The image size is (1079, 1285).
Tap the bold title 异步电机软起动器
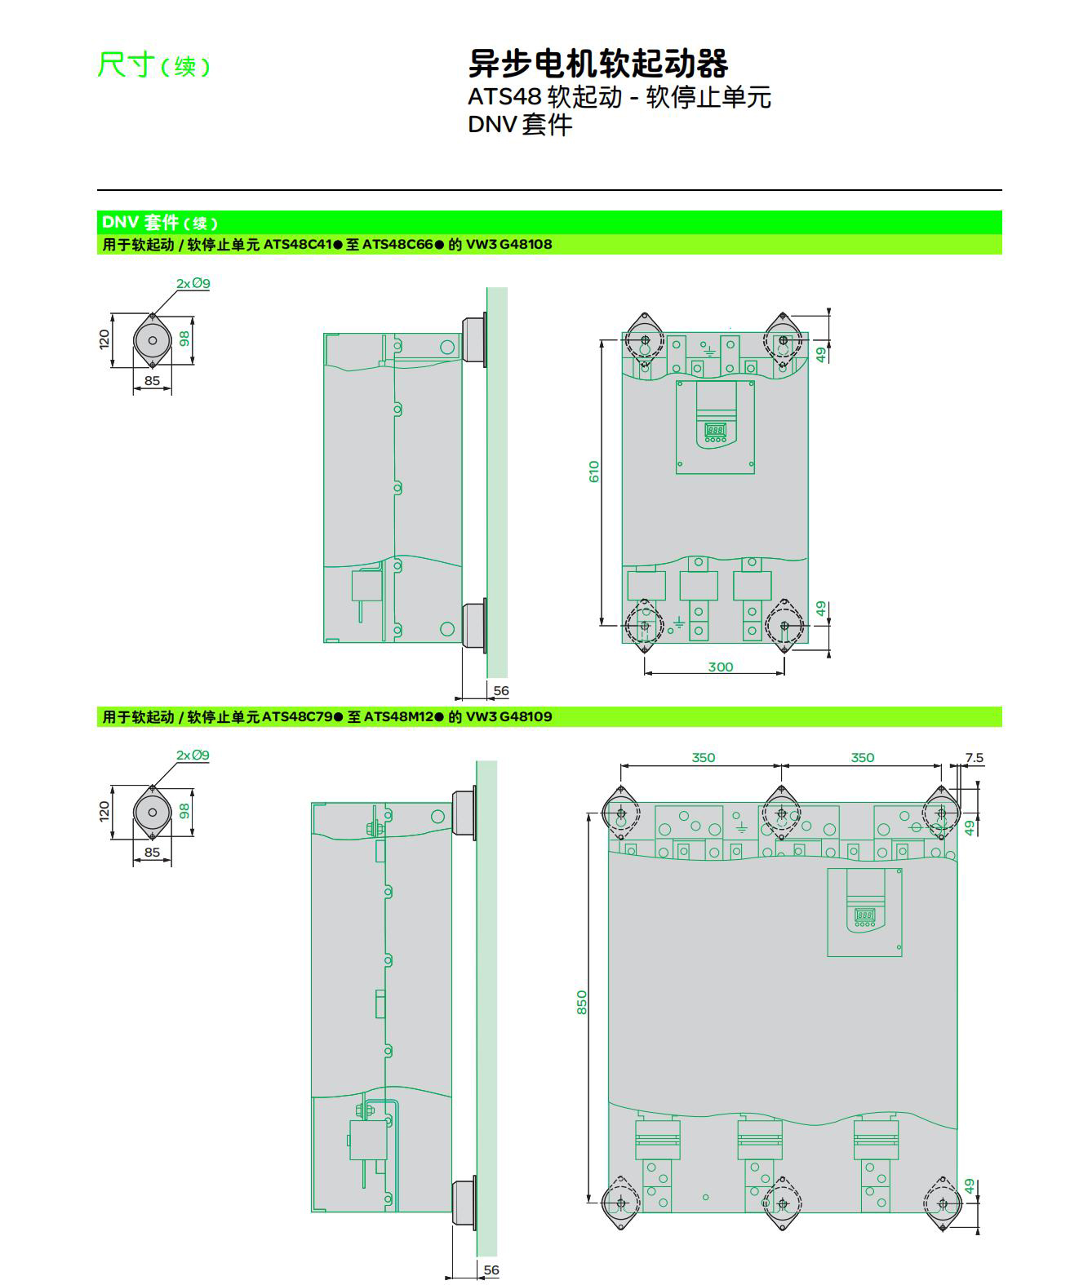(597, 63)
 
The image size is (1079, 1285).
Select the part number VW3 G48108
(508, 244)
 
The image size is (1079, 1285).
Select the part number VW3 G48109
(508, 716)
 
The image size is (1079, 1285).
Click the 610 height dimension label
(593, 472)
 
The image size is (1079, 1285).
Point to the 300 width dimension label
(720, 667)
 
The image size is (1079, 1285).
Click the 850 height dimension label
(581, 1003)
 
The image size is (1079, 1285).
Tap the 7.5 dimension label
(975, 758)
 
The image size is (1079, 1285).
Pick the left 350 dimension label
(703, 758)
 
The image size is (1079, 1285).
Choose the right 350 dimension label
(862, 758)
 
